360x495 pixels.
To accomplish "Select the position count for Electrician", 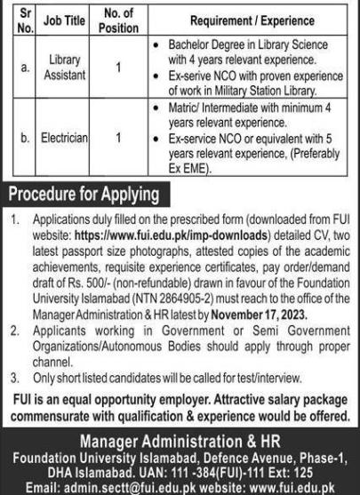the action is pos(120,140).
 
